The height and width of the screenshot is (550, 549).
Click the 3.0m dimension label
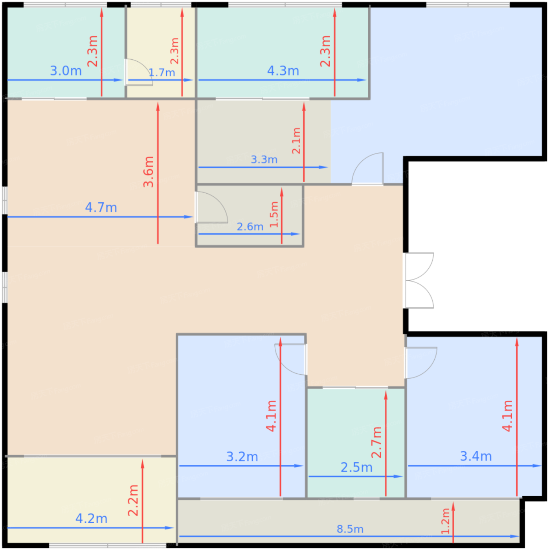coord(66,71)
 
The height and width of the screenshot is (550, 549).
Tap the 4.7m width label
coord(101,207)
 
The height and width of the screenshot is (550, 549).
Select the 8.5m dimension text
coord(350,529)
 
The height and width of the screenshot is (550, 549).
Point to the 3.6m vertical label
coord(149,172)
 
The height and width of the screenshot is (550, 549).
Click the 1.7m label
coord(162,73)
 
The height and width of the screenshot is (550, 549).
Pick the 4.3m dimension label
coord(283,71)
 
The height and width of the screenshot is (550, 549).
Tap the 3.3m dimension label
coord(264,159)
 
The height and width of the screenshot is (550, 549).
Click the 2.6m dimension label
coord(250,227)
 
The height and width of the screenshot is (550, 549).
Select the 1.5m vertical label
coord(274,214)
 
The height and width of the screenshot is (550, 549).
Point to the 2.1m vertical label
coord(296,141)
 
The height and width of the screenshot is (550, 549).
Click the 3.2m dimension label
coord(242,456)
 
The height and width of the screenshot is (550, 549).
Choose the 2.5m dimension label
coord(356,467)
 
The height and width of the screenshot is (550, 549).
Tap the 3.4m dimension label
coord(476,456)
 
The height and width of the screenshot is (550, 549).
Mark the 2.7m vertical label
coord(376,442)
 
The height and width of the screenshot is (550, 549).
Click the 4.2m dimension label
coord(92,519)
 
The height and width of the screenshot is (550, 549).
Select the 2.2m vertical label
coord(133,500)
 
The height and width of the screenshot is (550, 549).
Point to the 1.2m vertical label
coord(446,521)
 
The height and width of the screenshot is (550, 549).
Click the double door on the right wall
coord(419,280)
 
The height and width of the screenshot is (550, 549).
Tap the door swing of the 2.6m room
coord(212,207)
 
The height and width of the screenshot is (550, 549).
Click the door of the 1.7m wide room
coord(139,72)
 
